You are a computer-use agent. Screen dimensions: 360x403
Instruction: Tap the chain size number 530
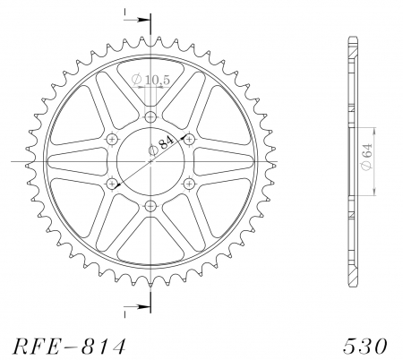[x=364, y=345]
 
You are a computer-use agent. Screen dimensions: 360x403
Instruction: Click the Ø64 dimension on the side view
[x=369, y=160]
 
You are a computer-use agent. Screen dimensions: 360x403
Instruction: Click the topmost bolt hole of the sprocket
[x=150, y=116]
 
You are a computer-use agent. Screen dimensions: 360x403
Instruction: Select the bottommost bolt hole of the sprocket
[x=150, y=205]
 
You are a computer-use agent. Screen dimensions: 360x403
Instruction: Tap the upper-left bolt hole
[x=112, y=139]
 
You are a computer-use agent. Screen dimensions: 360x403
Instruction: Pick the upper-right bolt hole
[x=189, y=139]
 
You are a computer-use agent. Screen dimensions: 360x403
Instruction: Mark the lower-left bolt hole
[x=112, y=183]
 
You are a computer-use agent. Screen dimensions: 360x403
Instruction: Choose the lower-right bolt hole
[x=189, y=183]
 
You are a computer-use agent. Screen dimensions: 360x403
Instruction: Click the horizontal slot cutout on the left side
[x=76, y=161]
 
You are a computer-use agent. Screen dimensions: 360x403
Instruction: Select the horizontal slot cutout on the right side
[x=225, y=161]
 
